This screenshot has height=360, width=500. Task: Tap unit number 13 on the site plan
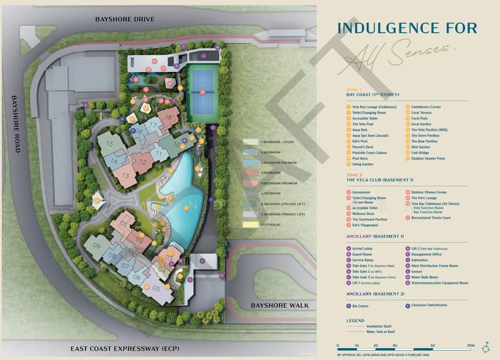(126, 175)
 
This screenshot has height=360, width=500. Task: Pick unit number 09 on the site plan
(96, 245)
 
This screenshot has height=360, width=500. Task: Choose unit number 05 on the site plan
(156, 289)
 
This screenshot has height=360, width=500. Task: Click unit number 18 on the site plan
(168, 116)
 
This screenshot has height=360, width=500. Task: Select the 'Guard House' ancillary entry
(361, 254)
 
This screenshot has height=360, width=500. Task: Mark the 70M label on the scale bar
(470, 345)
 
